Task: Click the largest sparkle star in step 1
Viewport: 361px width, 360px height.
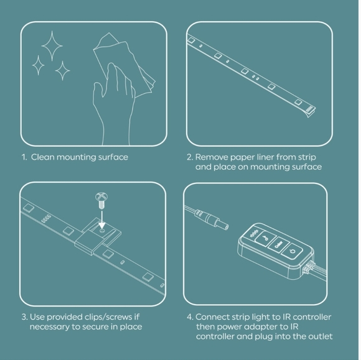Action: pyautogui.click(x=52, y=46)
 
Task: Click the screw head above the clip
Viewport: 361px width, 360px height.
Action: pyautogui.click(x=101, y=197)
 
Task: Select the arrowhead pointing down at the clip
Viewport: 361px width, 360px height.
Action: pyautogui.click(x=101, y=225)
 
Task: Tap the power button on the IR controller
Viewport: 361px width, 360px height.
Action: pyautogui.click(x=293, y=251)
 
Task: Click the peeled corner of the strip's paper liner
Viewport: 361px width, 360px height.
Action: pyautogui.click(x=311, y=113)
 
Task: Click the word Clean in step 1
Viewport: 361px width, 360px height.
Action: pyautogui.click(x=42, y=157)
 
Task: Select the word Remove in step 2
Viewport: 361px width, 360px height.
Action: pyautogui.click(x=212, y=157)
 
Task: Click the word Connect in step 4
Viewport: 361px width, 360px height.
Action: pyautogui.click(x=212, y=317)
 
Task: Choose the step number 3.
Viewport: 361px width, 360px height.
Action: pyautogui.click(x=24, y=317)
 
